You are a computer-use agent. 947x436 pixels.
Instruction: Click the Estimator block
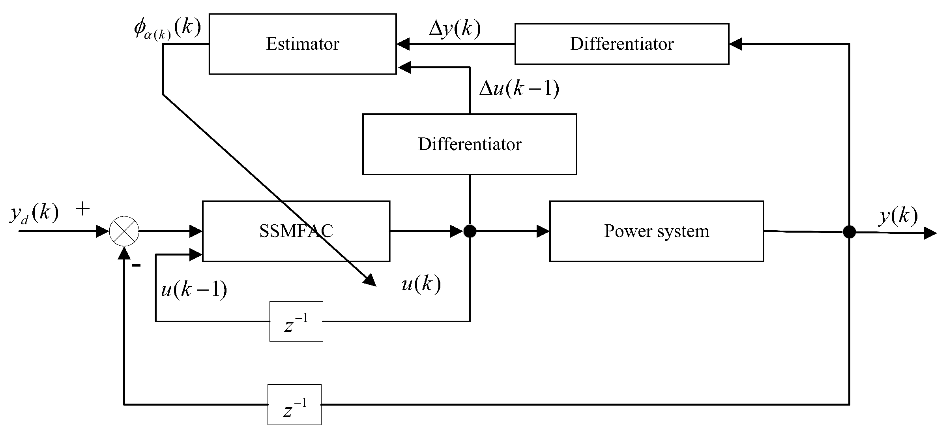point(302,44)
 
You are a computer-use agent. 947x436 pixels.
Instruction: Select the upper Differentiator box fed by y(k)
point(621,44)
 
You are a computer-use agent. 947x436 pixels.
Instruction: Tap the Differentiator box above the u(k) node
point(470,144)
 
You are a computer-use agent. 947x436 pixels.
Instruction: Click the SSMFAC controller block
point(296,231)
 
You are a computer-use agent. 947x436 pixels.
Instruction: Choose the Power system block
point(656,231)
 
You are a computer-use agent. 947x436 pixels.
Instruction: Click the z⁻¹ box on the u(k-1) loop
point(296,321)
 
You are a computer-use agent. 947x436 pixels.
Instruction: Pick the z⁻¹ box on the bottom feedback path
point(294,404)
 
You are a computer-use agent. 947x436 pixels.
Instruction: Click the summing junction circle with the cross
point(124,231)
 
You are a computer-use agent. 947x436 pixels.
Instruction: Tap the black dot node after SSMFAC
point(470,231)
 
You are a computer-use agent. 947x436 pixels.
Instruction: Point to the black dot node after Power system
point(849,232)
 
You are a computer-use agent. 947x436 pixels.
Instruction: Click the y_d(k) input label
point(34,213)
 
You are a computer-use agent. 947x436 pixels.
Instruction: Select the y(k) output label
point(898,216)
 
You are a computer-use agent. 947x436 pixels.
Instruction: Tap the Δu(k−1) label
point(519,88)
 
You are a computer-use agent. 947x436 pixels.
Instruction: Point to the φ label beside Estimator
point(167,28)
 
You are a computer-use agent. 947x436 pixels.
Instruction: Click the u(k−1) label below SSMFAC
point(194,290)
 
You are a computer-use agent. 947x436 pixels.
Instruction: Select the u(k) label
point(421,284)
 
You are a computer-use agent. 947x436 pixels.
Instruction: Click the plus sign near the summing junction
point(82,209)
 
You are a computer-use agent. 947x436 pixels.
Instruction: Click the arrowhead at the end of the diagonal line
point(370,280)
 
